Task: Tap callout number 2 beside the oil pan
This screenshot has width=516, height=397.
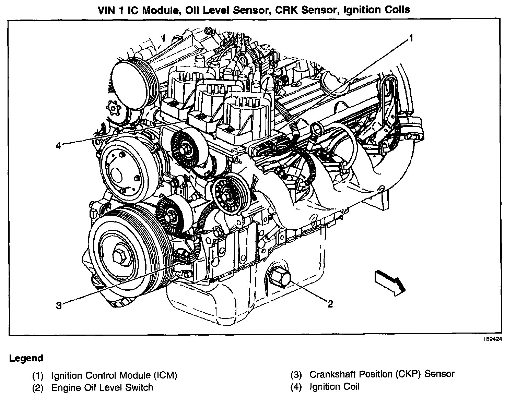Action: (330, 304)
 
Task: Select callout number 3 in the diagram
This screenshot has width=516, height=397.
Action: (59, 305)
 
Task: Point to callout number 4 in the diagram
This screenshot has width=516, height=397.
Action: (58, 146)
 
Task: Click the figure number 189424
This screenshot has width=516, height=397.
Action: (493, 339)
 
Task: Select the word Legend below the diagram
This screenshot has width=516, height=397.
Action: (26, 359)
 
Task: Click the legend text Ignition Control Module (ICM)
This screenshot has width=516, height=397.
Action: (114, 375)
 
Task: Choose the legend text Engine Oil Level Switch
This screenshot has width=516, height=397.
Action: (102, 388)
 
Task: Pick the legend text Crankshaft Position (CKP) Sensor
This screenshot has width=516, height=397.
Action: (382, 374)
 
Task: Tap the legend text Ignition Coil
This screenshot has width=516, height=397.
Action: (335, 387)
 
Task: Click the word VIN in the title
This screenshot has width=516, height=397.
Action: (107, 10)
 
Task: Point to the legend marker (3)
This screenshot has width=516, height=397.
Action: (296, 375)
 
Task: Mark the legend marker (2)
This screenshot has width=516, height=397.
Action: (38, 388)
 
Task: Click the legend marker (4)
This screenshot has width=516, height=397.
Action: (296, 387)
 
